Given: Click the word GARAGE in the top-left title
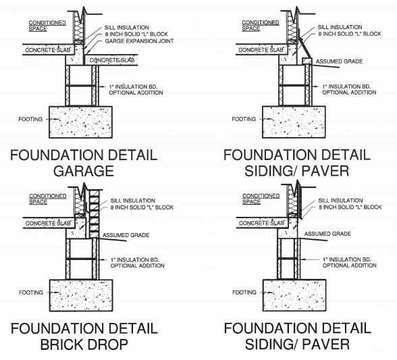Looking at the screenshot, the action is pos(84,171).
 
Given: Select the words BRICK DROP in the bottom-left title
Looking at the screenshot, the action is pos(84,344).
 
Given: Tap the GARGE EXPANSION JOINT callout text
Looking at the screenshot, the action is pos(139,41).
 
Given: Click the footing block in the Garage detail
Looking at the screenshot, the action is pos(80,122).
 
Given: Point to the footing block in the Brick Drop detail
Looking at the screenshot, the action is pos(81,295).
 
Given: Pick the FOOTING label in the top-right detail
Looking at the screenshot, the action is pos(244,119).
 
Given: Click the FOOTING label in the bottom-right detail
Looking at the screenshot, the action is pos(244,292).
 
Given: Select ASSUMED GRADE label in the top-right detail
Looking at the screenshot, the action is pos(339,61).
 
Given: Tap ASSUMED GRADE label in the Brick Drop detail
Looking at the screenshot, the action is pos(126,235).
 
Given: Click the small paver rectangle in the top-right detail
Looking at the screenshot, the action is pos(307,61).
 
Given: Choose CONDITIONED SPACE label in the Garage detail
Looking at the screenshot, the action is pos(47,26).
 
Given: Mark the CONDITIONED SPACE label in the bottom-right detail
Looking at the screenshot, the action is pos(261,199).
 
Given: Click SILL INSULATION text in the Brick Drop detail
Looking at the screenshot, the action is pos(132,201).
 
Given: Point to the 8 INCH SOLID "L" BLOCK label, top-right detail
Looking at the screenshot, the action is pos(350,34).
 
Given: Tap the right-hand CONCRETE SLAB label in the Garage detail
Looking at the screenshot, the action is pos(112,60).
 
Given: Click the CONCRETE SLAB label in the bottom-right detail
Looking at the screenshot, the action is pos(261,223).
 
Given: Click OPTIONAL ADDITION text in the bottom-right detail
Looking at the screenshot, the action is pos(350,265).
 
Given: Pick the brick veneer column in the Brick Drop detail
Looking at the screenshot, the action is pos(95,214).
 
